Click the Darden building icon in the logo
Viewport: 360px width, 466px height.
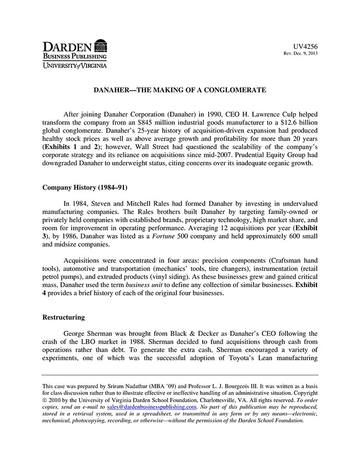101,44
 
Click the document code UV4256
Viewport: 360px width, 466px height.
307,46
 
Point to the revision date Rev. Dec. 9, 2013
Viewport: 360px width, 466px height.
301,53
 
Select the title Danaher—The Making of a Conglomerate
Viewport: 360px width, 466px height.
179,90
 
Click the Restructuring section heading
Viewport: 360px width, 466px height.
63,317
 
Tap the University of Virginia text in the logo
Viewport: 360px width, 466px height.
75,65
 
